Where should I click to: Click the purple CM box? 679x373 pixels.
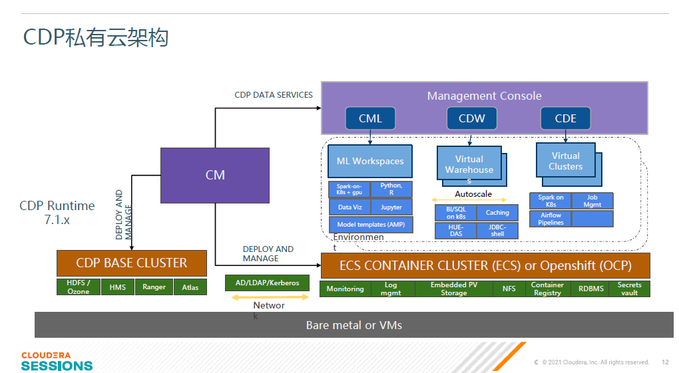click(215, 176)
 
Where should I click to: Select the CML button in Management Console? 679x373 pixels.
click(370, 118)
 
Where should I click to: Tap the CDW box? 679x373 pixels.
click(471, 118)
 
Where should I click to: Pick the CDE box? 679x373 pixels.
click(566, 118)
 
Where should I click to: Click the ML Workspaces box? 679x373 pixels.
click(370, 161)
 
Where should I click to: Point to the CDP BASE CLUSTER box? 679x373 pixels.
click(132, 263)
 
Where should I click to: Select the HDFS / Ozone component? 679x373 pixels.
click(79, 287)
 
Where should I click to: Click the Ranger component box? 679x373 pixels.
click(154, 287)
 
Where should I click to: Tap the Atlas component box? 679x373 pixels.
click(190, 287)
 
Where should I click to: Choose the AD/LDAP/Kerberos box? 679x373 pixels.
click(267, 283)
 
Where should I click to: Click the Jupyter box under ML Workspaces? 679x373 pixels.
click(391, 207)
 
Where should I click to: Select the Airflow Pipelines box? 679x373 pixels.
click(551, 219)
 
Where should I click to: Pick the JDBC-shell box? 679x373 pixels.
click(497, 230)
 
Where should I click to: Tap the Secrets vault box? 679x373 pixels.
click(629, 289)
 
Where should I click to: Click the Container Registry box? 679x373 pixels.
click(547, 289)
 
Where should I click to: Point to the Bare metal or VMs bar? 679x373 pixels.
click(353, 325)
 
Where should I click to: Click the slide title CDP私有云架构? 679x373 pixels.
click(96, 37)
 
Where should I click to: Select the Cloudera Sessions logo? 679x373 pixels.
click(57, 361)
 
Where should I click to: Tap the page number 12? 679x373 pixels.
click(665, 362)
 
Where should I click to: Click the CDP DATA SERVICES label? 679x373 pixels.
click(274, 95)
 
